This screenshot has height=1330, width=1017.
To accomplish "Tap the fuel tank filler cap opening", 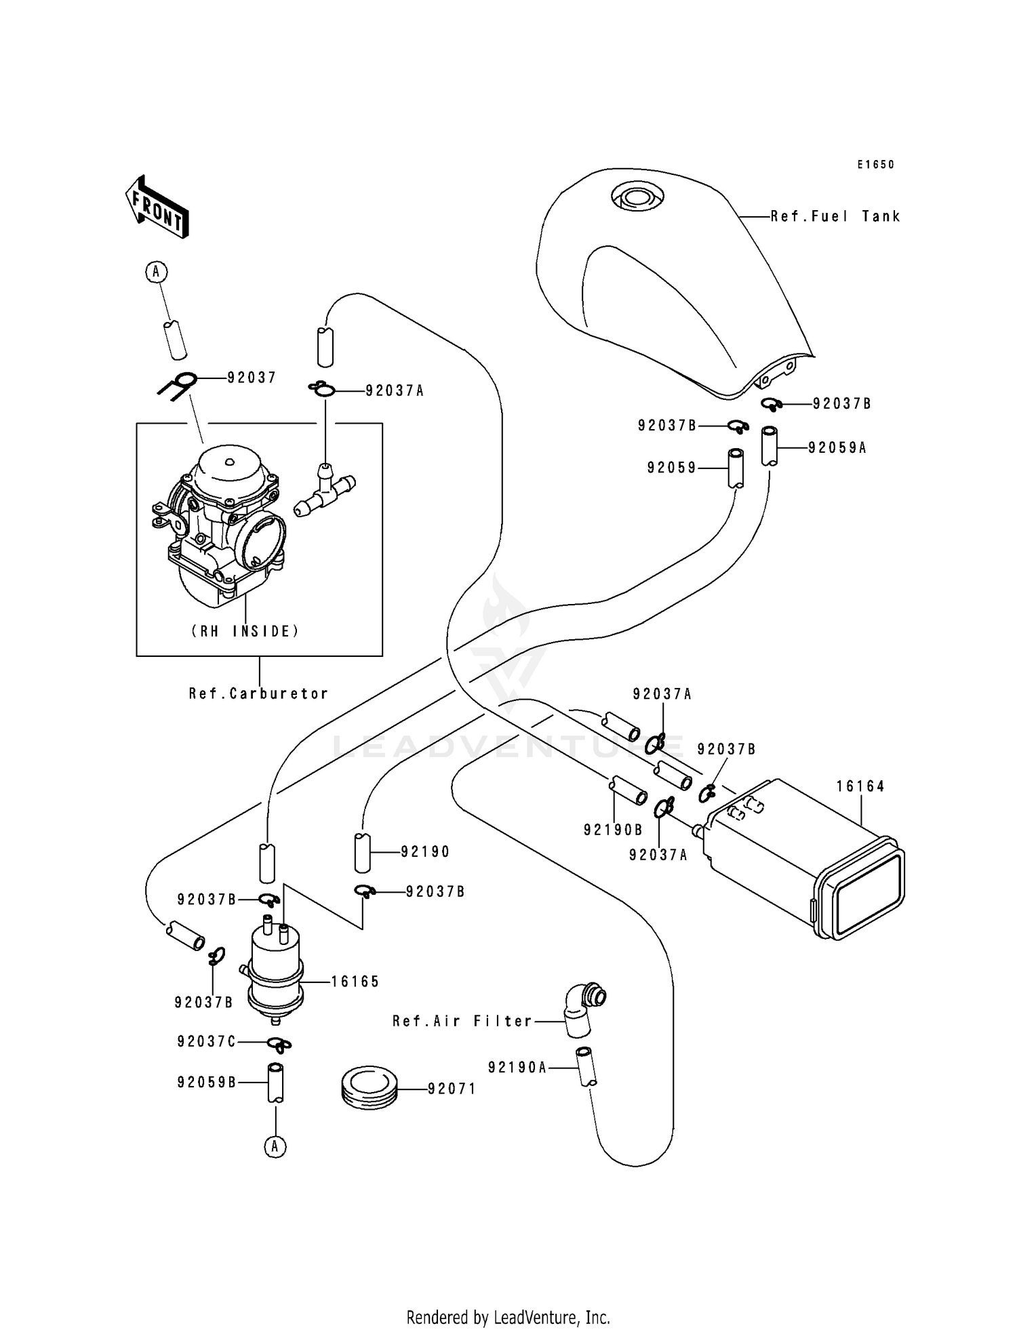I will click(x=636, y=197).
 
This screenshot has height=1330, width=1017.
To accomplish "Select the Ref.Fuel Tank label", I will click(x=835, y=217).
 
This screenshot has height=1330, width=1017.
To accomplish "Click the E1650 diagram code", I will click(x=875, y=165).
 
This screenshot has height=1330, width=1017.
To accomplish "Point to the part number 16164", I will click(x=860, y=786).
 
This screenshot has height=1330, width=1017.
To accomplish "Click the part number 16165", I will click(x=355, y=982).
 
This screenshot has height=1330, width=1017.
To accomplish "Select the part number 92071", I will click(x=452, y=1089).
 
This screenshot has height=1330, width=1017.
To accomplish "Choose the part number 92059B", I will click(x=207, y=1083).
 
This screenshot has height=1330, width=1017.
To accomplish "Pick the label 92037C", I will click(x=207, y=1041).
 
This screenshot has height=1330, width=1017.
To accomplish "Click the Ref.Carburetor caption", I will click(x=259, y=693).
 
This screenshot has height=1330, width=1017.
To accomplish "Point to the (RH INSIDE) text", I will click(x=245, y=631).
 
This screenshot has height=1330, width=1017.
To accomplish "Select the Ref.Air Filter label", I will click(x=462, y=1021).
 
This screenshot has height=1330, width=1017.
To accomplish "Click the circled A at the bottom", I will click(x=275, y=1146).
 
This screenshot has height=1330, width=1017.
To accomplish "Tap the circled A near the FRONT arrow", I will click(x=156, y=272).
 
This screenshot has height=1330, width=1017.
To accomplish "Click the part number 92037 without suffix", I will click(x=252, y=378).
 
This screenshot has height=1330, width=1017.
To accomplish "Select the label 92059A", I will click(x=837, y=448).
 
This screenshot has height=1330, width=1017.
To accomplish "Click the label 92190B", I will click(x=613, y=830).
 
